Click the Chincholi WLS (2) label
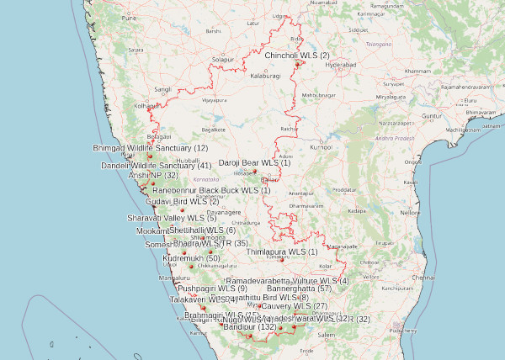tap(297, 56)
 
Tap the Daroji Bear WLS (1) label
tap(254, 162)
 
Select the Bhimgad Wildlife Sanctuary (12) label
tap(150, 148)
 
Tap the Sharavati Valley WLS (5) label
tap(172, 219)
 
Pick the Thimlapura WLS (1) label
tap(282, 251)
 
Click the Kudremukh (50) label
tap(190, 258)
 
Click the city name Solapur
tap(222, 61)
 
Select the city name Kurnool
tap(321, 147)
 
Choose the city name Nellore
tap(410, 213)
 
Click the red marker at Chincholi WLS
tap(297, 63)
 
